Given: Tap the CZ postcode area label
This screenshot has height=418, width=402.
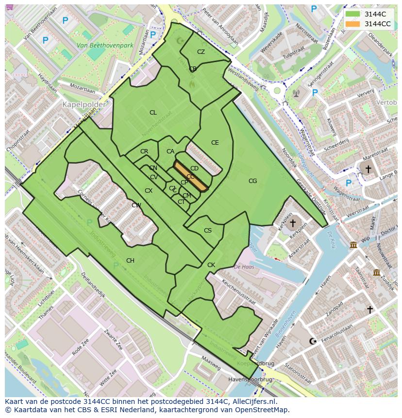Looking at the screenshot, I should pos(201,52).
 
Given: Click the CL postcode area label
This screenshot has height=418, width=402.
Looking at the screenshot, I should pos(153,113).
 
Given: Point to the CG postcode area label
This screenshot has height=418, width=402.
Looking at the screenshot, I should pos(252,181).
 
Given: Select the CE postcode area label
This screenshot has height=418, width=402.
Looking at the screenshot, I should pos(215,143).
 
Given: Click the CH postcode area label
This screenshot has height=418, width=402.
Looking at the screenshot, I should pos(130,261).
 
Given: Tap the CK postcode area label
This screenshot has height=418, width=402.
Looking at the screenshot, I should pos(211,265).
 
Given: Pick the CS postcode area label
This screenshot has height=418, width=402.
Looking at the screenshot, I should pos(208,231).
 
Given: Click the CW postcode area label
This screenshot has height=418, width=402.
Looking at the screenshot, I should pos(136,205).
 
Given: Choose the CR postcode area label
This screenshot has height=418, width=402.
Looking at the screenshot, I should pos(144,151).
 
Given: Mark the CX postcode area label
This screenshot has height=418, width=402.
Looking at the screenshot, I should pos(149,191).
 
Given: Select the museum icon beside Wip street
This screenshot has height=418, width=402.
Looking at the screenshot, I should pos(353,245).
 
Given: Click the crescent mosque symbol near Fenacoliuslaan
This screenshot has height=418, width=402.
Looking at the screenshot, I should pos(312,341).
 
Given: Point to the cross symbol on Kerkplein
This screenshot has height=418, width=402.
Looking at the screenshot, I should pos(292,223).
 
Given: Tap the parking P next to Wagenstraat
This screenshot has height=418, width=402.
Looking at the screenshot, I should pos(348,183).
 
